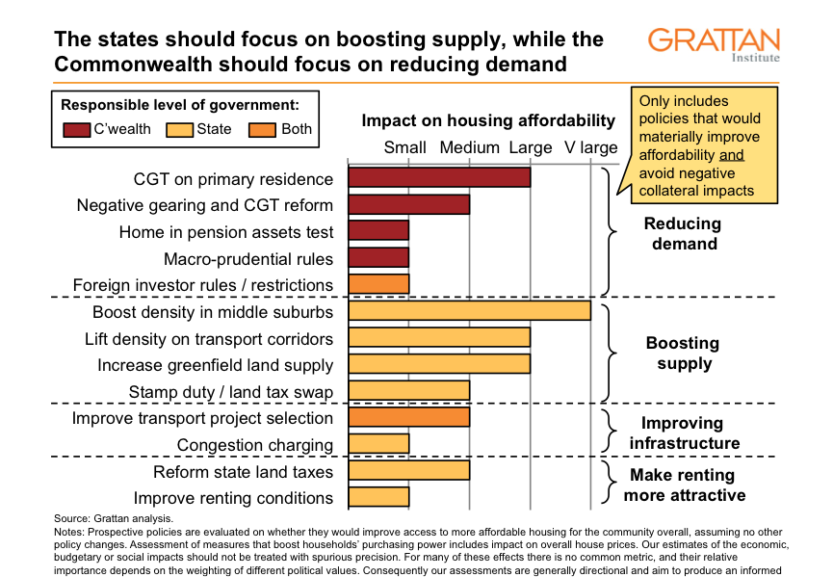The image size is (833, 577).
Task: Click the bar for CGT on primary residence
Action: coord(439,178)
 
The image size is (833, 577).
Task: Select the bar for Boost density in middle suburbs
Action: coord(469,311)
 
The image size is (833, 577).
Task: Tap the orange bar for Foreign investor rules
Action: coord(378,284)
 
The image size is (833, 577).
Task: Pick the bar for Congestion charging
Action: coord(378,444)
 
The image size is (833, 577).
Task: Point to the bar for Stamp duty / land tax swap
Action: coord(408,390)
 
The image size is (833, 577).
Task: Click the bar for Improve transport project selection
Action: coord(408,417)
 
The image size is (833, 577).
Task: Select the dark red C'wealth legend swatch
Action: coord(76,129)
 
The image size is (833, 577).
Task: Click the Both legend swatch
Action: coord(263,129)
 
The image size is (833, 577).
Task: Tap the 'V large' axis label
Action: coord(590,147)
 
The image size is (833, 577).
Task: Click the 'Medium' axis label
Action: coord(469,147)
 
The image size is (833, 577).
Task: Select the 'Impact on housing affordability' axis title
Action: coord(487,120)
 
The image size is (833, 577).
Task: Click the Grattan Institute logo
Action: coord(714,43)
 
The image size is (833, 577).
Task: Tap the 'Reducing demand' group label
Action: coord(682,233)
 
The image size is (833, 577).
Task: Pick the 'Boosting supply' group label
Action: coord(682,353)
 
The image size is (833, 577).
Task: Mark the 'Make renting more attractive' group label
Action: coord(684,485)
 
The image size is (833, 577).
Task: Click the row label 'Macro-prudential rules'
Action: coord(248,258)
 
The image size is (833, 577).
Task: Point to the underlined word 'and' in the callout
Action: coord(731,154)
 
